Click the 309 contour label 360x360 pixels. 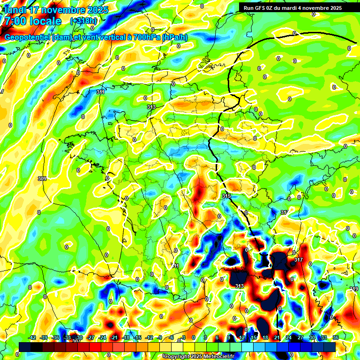tap(42, 179)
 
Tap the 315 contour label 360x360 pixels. tap(226, 196)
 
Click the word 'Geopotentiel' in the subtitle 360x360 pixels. tap(27, 37)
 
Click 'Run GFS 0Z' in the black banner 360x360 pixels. tap(262, 8)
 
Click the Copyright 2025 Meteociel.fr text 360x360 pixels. tap(199, 356)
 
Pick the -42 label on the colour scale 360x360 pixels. tap(32, 337)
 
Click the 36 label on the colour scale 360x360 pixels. tap(336, 337)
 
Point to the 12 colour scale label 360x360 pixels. tap(242, 337)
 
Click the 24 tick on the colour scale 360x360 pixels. tap(289, 337)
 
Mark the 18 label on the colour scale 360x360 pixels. tap(265, 337)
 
